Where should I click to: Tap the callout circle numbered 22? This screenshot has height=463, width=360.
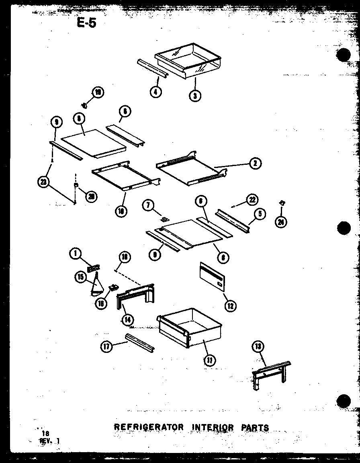click(252, 200)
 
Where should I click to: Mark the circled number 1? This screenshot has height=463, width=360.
click(75, 254)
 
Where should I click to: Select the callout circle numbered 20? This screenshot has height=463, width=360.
click(92, 196)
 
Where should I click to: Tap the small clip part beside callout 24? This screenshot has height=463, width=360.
click(282, 203)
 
